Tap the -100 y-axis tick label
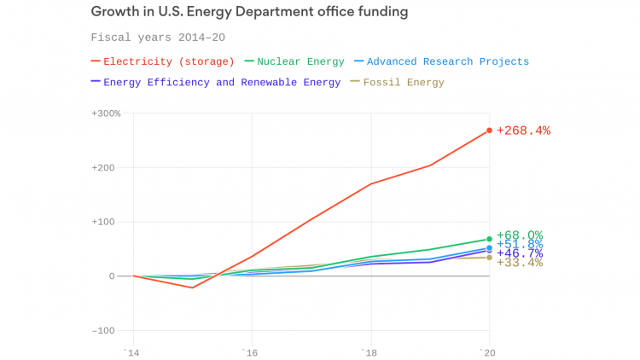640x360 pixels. [108, 330]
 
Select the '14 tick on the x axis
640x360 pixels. [131, 351]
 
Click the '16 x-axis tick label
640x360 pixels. [250, 351]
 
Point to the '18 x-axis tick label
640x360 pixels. [369, 351]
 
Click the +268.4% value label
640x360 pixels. [523, 131]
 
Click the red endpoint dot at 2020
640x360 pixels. [489, 131]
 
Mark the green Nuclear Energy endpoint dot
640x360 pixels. [489, 239]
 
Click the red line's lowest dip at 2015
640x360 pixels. [192, 287]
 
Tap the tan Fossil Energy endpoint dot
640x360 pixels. [489, 258]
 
